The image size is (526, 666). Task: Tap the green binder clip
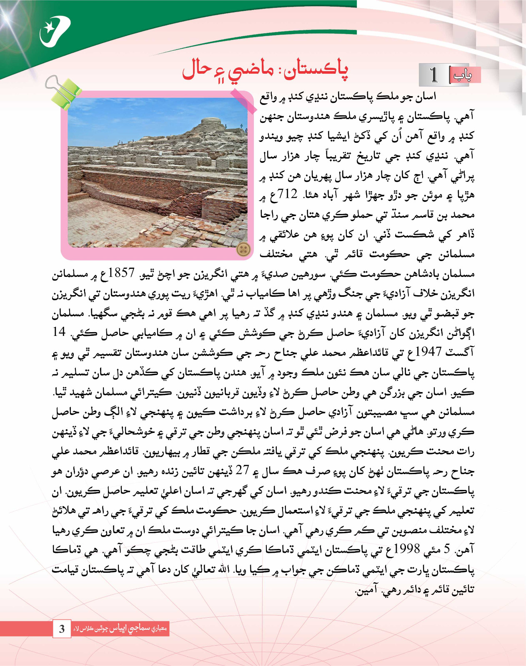64,92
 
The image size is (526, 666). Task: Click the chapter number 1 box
434,75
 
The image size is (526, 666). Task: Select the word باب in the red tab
462,75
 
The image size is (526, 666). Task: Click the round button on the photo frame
243,249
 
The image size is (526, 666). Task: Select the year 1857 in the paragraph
121,273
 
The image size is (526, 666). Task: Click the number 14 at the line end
59,332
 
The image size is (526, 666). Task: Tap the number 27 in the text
242,470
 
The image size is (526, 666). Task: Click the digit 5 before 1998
447,549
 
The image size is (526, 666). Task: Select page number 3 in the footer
62,629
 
